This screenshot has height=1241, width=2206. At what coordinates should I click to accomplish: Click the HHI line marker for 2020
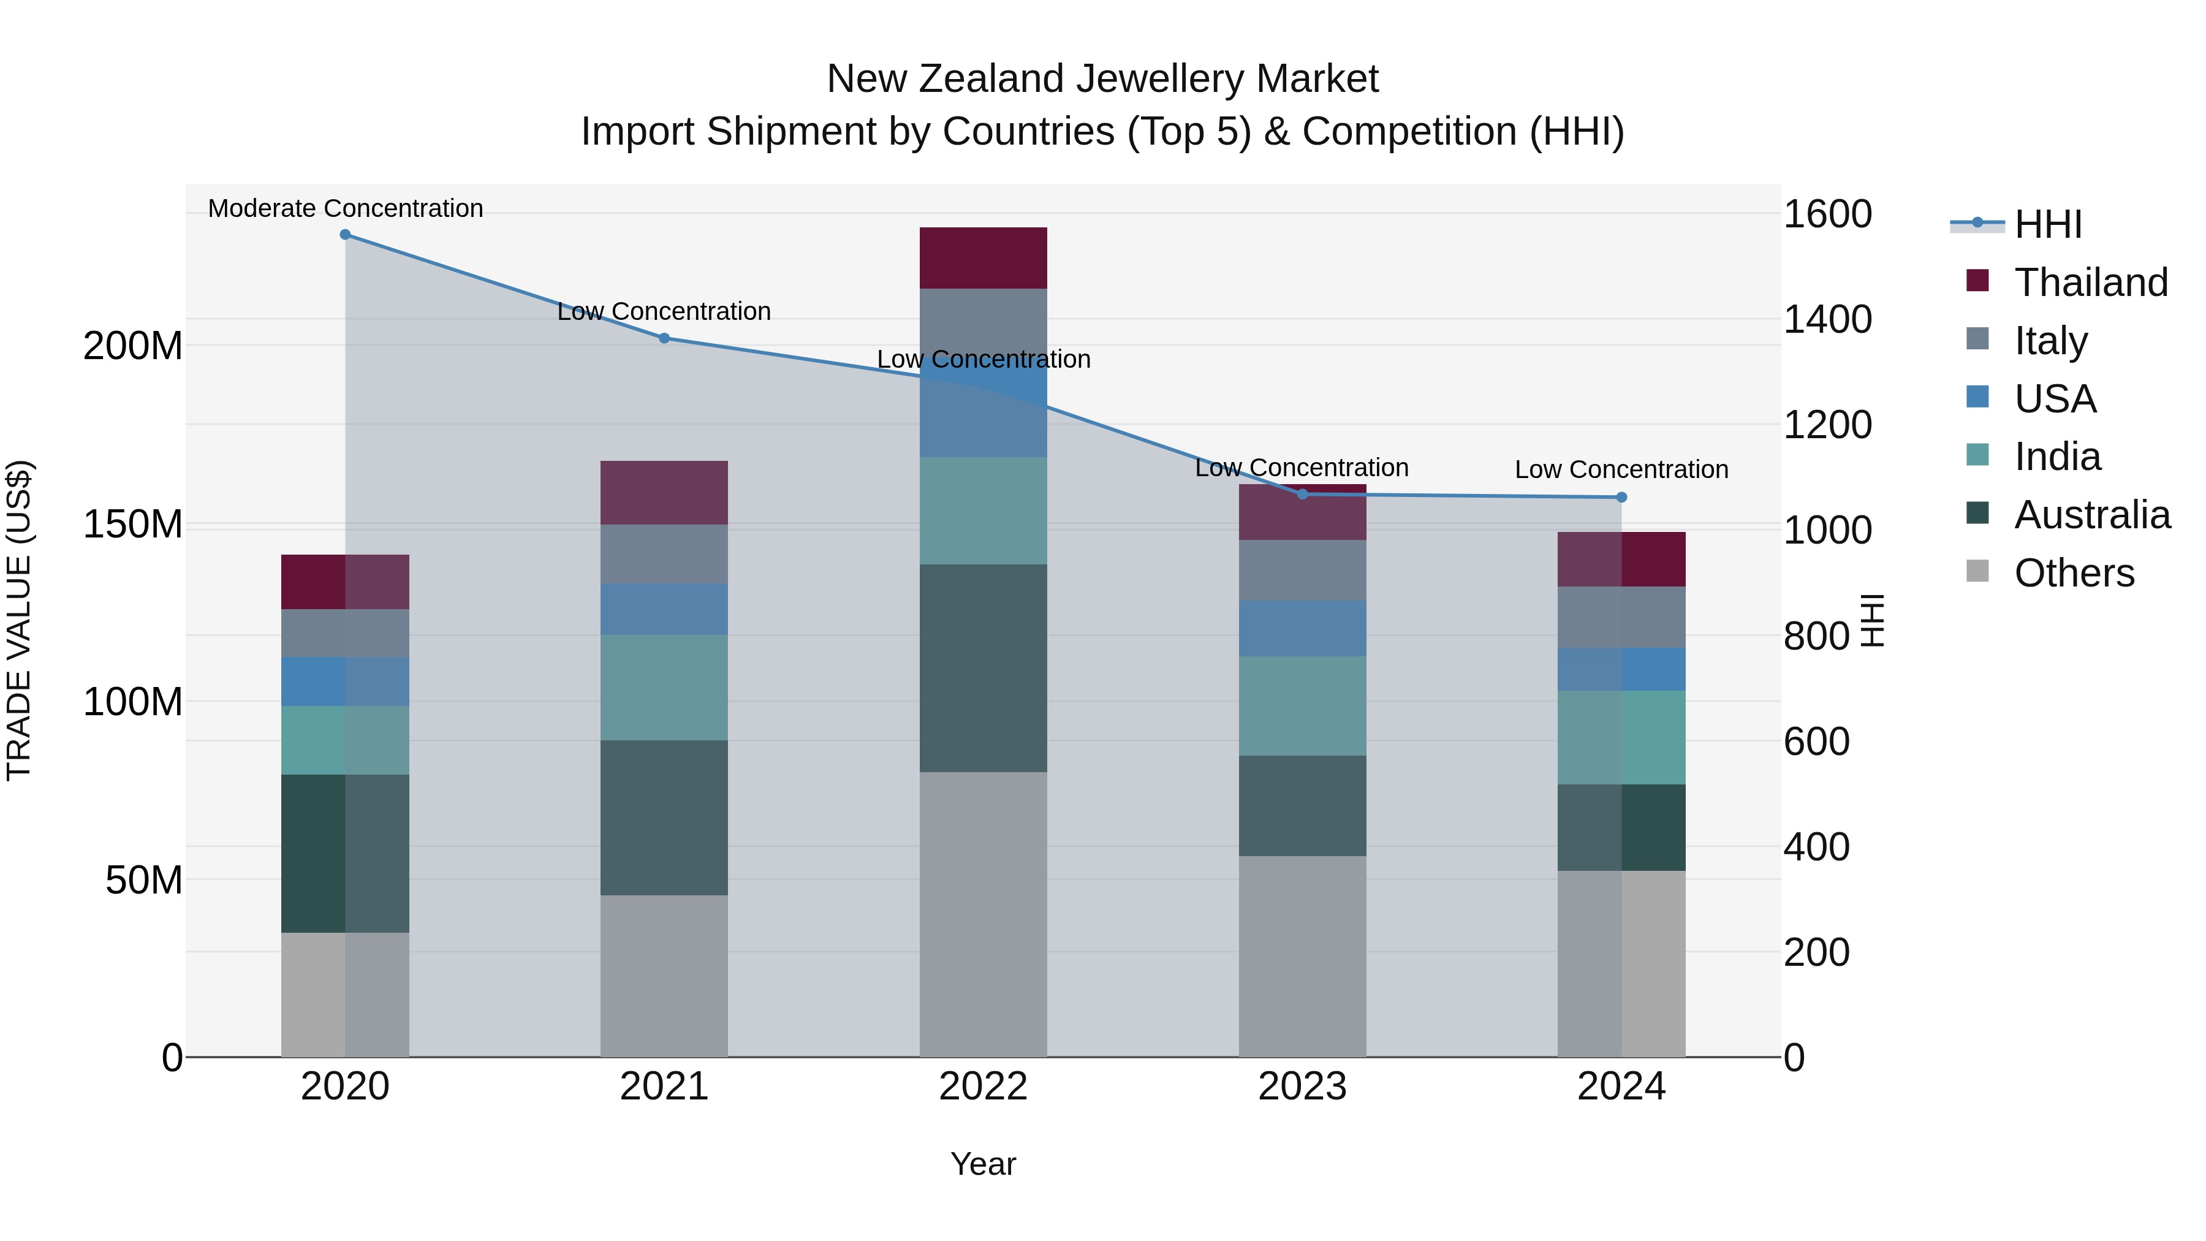(x=345, y=235)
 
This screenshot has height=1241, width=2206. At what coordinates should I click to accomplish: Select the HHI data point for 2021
(x=664, y=338)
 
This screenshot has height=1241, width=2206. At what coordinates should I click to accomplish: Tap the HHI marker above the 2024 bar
(x=1621, y=498)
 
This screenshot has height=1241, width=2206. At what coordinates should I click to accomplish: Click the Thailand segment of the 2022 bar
(x=983, y=258)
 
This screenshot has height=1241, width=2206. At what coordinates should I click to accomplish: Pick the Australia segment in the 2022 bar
(x=983, y=668)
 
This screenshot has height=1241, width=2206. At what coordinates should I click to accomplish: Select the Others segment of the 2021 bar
(x=664, y=976)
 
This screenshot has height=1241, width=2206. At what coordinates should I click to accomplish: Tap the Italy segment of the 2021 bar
(x=664, y=554)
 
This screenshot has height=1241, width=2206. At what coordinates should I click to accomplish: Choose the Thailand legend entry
(x=2090, y=283)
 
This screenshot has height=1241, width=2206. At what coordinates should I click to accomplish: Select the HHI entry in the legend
(x=2047, y=224)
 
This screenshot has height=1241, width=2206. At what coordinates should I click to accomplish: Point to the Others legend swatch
(x=1977, y=571)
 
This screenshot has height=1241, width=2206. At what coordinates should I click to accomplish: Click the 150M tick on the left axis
(x=133, y=524)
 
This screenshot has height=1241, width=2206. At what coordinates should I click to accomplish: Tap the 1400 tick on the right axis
(x=1827, y=319)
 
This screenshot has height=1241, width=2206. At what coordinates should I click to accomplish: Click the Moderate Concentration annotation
(x=345, y=208)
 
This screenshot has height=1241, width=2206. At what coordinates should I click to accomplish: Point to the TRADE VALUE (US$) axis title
(x=19, y=620)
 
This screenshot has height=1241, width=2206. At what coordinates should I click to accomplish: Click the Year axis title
(x=983, y=1164)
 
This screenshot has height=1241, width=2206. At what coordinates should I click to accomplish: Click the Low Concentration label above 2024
(x=1621, y=469)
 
